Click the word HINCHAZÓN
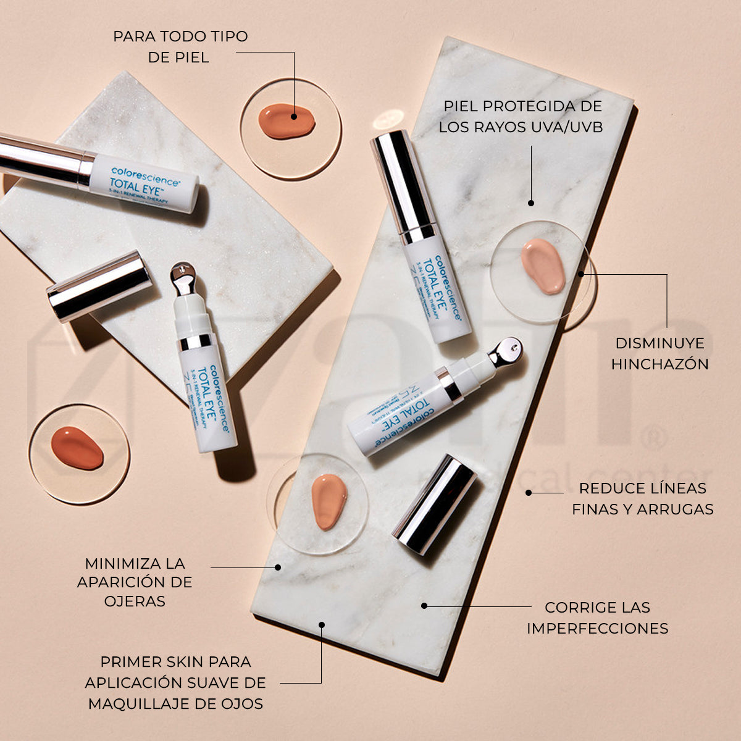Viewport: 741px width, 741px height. click(659, 364)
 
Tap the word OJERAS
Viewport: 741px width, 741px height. click(135, 601)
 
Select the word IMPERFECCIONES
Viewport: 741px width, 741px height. click(597, 629)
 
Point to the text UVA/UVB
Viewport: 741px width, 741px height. click(567, 127)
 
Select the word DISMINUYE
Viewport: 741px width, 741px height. click(659, 343)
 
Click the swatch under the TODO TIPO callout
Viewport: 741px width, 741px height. click(287, 121)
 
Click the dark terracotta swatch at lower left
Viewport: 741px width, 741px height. click(77, 448)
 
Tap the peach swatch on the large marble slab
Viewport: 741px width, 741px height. click(329, 501)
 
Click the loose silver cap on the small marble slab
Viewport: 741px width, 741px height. click(99, 286)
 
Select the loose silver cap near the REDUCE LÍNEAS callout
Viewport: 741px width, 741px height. click(434, 504)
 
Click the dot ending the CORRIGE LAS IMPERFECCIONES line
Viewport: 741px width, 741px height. click(424, 606)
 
